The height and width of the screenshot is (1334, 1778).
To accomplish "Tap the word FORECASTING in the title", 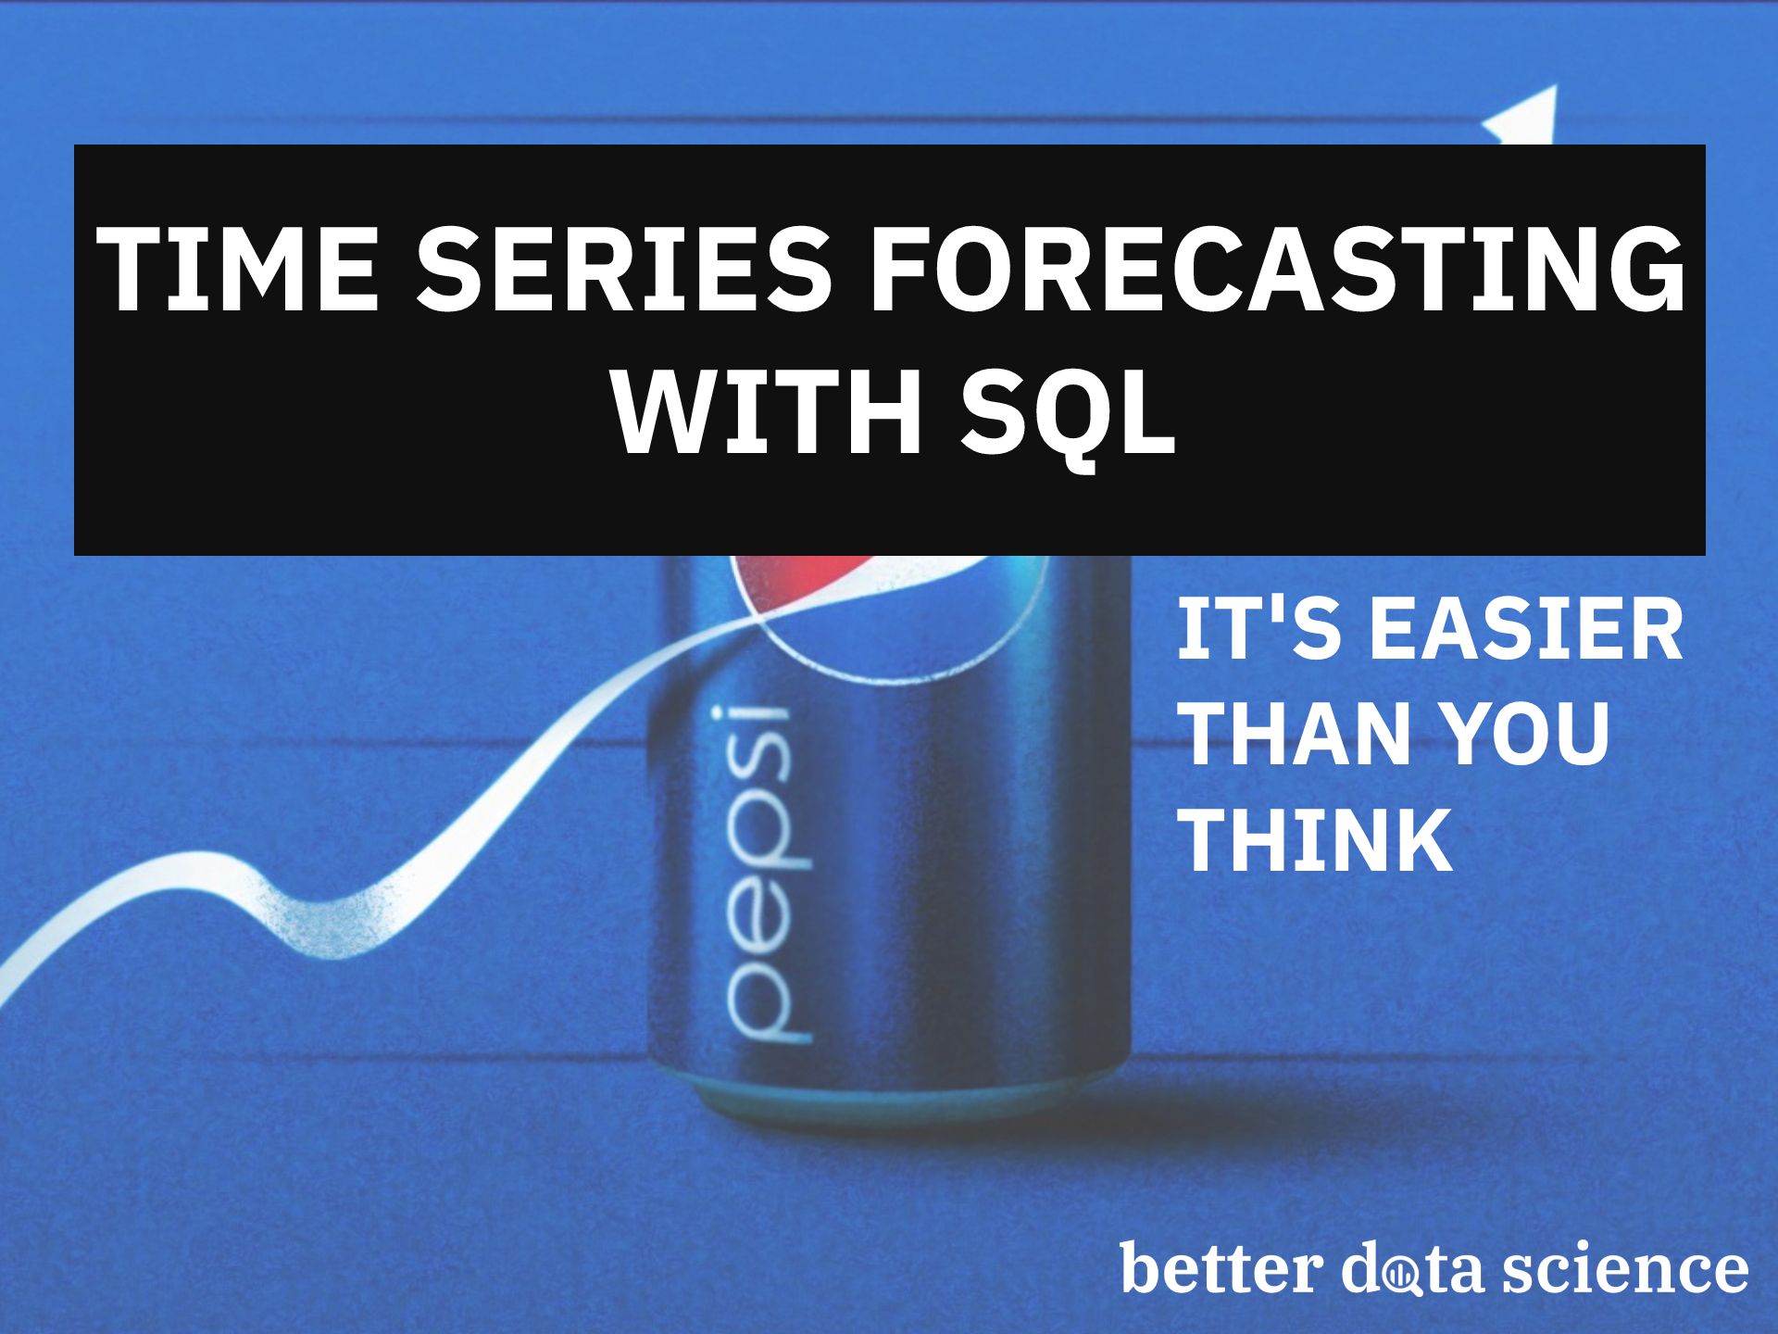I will (x=1275, y=269).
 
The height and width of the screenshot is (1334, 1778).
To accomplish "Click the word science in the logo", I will (x=1624, y=1268).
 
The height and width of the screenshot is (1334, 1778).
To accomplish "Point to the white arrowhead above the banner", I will (x=1529, y=116).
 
